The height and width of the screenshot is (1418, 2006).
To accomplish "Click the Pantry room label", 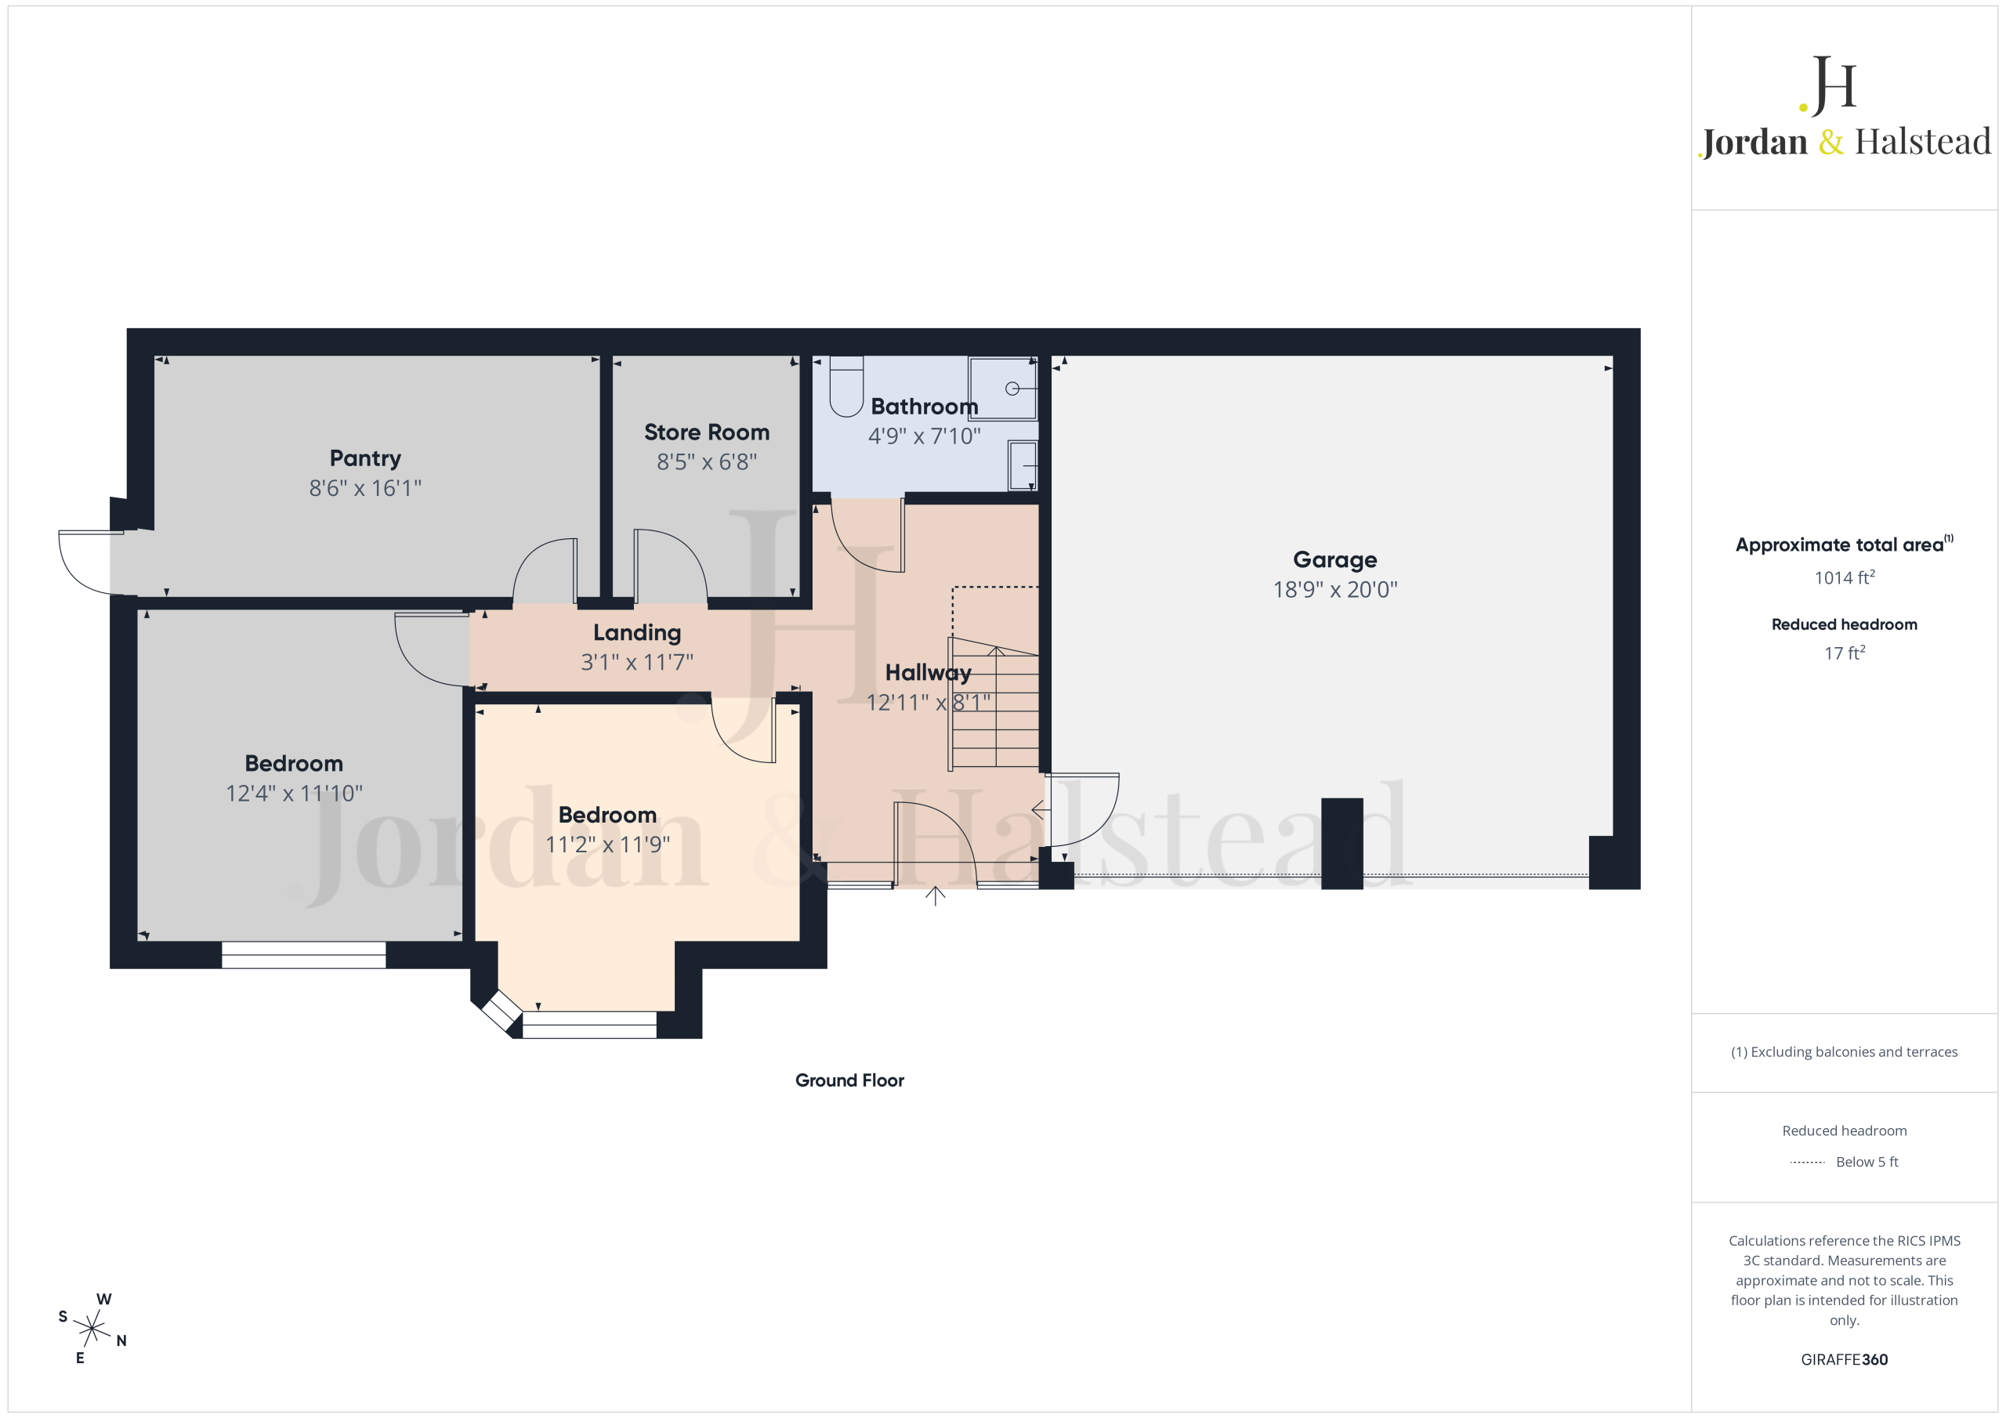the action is (365, 458).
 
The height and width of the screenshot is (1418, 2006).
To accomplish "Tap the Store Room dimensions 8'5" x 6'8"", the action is (707, 461).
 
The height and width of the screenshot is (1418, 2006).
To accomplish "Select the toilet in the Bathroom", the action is (845, 385).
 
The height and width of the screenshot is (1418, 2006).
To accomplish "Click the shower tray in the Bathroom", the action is (1002, 388).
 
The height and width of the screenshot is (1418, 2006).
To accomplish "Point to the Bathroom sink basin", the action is (1023, 465).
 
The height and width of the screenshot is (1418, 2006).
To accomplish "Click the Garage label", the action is (1335, 560).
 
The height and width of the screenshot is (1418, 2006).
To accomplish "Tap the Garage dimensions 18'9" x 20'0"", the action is (1335, 590).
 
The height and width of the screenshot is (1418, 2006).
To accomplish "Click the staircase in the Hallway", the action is (995, 704).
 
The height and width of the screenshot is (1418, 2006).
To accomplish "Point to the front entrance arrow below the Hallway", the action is (935, 895).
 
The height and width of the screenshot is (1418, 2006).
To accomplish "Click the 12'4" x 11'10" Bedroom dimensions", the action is (295, 794).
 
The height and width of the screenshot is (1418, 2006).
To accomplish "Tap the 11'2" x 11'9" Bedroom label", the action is (607, 815).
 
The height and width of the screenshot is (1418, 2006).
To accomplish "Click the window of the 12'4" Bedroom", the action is (303, 955).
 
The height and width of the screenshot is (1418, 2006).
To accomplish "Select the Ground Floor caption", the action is (849, 1081).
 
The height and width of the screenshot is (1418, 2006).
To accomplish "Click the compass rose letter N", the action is (121, 1340).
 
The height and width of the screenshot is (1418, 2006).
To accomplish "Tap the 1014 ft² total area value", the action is (1845, 577).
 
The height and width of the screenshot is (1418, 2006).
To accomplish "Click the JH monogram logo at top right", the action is (1828, 85).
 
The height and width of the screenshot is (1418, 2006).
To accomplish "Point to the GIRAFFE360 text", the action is (1845, 1359).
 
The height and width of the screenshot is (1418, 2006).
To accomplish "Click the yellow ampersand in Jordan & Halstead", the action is (1831, 142).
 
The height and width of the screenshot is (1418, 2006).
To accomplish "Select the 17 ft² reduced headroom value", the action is (1845, 653).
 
